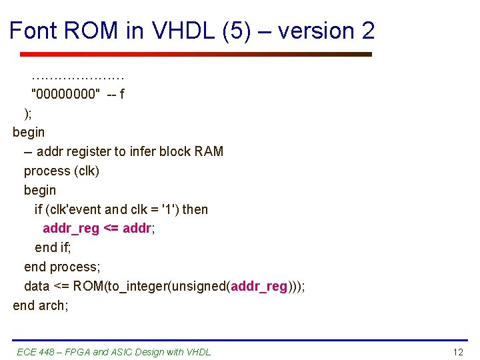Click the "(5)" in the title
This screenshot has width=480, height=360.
242,31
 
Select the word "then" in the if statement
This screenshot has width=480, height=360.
195,209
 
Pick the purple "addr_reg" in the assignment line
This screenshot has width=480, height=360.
71,229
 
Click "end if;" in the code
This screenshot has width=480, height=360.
53,248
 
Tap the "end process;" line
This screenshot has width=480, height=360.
62,267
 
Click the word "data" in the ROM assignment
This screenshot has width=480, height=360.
37,286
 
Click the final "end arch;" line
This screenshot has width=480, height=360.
41,305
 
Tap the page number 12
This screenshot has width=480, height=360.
457,351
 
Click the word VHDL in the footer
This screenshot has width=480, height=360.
197,351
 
